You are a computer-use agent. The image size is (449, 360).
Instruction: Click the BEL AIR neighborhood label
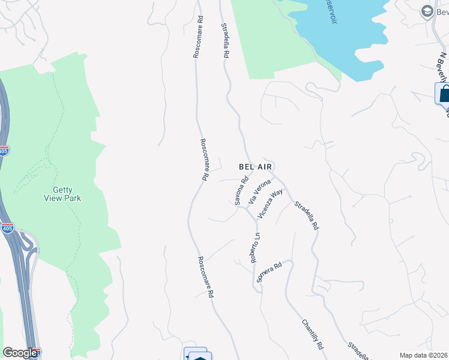click(x=260, y=167)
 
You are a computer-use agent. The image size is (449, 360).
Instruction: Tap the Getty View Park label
click(x=62, y=194)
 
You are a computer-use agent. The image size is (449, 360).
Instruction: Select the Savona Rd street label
click(x=242, y=191)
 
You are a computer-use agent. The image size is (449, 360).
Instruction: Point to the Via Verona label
click(x=259, y=191)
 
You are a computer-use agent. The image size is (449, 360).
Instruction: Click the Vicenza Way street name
click(x=270, y=204)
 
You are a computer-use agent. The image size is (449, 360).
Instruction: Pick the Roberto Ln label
click(x=255, y=248)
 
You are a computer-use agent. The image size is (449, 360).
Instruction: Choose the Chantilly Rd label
click(x=313, y=334)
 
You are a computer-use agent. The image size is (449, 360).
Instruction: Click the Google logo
click(x=20, y=353)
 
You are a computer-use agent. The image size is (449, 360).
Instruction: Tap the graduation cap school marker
click(x=427, y=11)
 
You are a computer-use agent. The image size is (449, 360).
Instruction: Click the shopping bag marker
click(x=444, y=94)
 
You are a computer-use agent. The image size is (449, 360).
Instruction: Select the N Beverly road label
click(x=444, y=69)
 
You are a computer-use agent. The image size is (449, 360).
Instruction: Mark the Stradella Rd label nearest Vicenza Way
click(x=306, y=216)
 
